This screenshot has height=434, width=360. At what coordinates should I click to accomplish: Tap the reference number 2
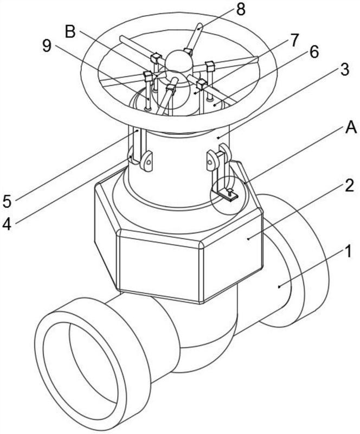tap(349, 186)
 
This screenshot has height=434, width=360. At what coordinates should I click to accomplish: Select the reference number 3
tap(345, 70)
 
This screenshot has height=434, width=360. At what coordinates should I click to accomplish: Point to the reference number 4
tap(7, 224)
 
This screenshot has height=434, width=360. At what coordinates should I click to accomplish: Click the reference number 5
tap(7, 201)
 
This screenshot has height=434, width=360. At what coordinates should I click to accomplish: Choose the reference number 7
tap(294, 40)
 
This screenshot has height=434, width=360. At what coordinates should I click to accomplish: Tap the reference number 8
tap(241, 10)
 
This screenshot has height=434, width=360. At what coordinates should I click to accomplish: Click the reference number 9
tap(47, 46)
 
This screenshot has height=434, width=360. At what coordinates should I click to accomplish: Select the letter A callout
tap(351, 128)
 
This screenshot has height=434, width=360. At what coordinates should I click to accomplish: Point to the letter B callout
tap(70, 31)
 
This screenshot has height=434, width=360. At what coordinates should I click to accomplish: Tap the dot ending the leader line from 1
tap(279, 287)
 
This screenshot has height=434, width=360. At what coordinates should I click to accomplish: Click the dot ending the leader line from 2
tap(248, 238)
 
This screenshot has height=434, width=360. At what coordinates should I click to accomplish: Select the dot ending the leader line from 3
tap(218, 137)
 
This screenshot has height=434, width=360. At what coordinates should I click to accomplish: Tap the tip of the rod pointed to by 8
tap(201, 25)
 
